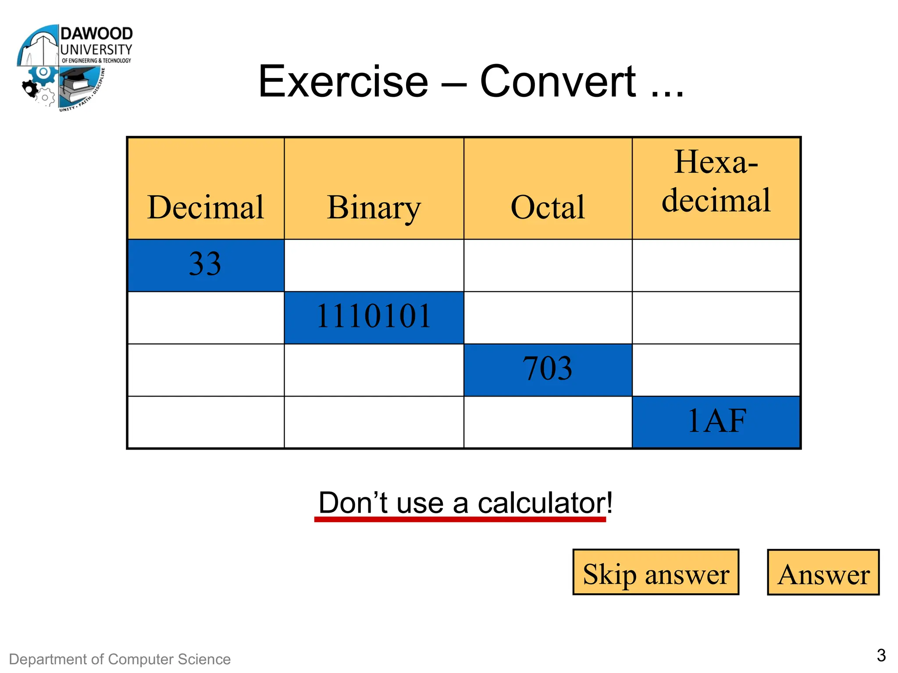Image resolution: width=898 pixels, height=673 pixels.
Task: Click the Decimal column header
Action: click(x=206, y=207)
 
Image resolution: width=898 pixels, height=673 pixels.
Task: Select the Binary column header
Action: click(x=374, y=207)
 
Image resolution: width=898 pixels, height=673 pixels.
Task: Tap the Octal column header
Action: click(x=548, y=207)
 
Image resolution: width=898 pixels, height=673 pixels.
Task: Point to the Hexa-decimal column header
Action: click(x=716, y=181)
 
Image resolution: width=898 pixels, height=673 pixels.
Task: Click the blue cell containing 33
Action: click(x=205, y=265)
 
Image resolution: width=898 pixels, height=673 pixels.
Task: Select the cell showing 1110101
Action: click(x=374, y=317)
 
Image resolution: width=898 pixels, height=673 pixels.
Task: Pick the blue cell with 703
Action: click(x=548, y=369)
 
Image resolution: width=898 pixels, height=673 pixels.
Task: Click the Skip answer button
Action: click(x=656, y=572)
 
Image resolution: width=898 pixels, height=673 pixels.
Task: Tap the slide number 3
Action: click(x=881, y=655)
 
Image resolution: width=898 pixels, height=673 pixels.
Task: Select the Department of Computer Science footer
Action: click(x=120, y=659)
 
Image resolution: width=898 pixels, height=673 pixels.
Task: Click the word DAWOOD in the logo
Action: click(x=96, y=34)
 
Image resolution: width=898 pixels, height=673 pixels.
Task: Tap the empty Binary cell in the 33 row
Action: click(x=374, y=265)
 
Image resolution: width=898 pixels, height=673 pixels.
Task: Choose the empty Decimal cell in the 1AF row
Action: click(x=206, y=422)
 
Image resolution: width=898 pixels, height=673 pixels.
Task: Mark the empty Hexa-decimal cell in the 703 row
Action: click(x=716, y=370)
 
